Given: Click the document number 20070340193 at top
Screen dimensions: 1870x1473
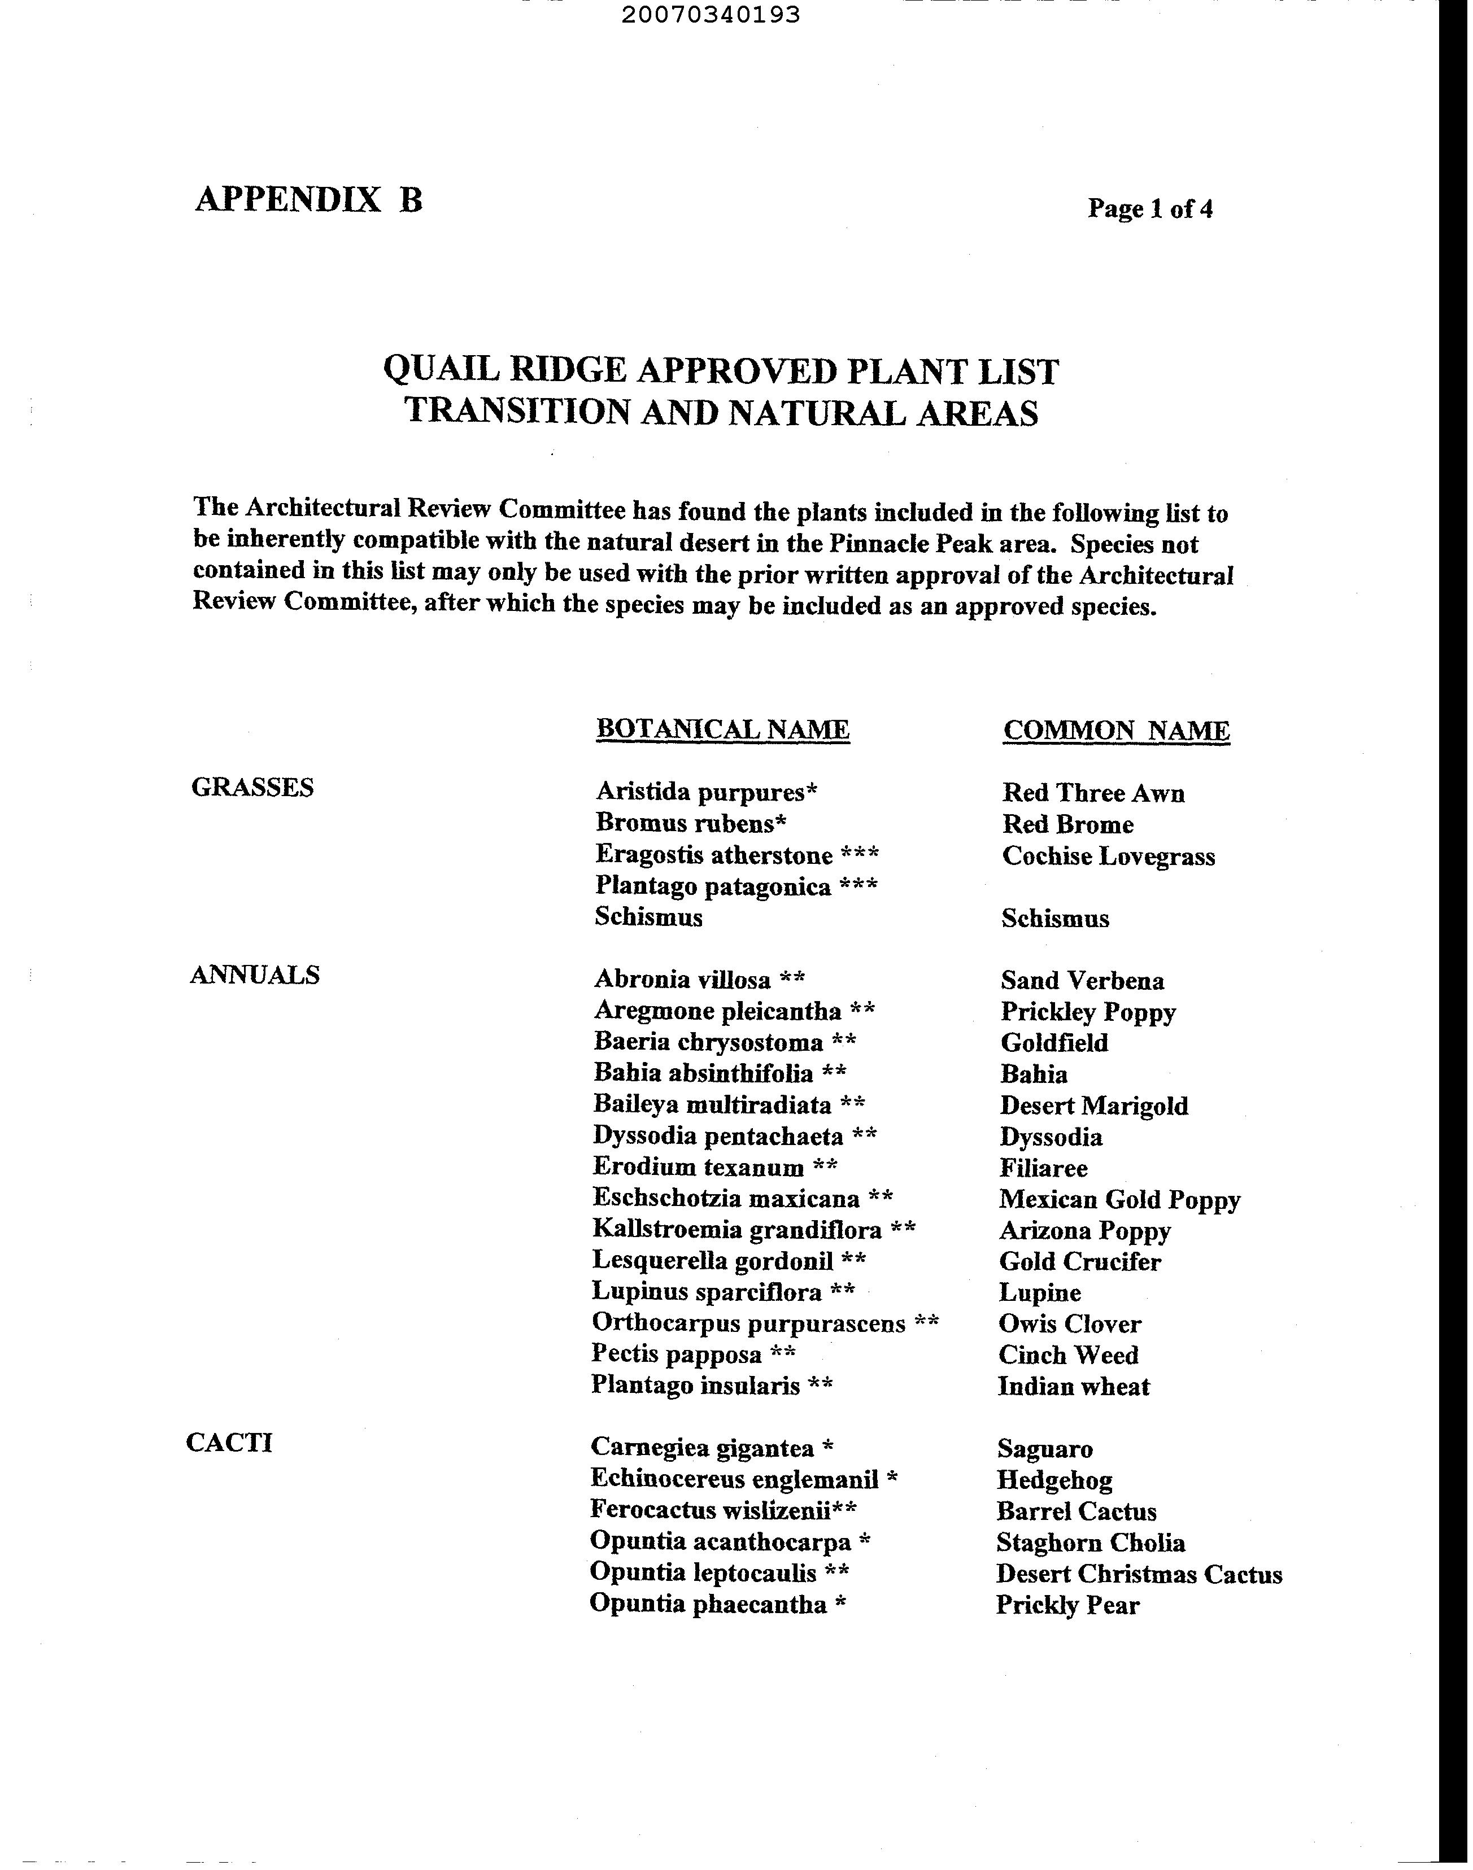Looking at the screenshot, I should (710, 15).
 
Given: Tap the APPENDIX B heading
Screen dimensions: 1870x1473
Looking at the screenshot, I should (309, 199).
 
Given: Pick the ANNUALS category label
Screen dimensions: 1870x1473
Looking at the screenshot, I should (254, 975).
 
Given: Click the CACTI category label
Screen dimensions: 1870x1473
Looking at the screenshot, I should (229, 1443).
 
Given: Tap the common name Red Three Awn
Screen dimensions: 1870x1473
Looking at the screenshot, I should (1093, 793).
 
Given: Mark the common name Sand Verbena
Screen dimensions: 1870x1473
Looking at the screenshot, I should (1082, 980).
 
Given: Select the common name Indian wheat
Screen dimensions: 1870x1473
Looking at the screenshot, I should (1074, 1386).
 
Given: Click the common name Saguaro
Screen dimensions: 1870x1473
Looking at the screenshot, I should (1044, 1448).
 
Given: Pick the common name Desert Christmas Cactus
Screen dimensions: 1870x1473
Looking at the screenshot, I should (1139, 1574).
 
